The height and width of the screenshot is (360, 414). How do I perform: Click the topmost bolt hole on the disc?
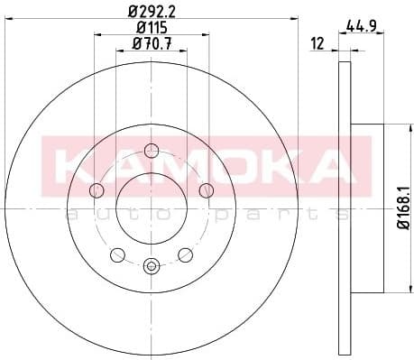click(x=151, y=151)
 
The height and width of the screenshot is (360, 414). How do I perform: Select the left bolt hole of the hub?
click(x=96, y=189)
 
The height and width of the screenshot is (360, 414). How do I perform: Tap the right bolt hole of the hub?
click(x=206, y=189)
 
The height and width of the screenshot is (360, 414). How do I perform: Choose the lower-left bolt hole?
click(x=117, y=254)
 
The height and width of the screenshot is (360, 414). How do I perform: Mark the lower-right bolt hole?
click(x=184, y=254)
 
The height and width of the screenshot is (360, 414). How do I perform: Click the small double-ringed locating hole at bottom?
click(x=151, y=265)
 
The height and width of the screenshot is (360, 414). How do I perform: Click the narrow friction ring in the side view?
click(x=343, y=208)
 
